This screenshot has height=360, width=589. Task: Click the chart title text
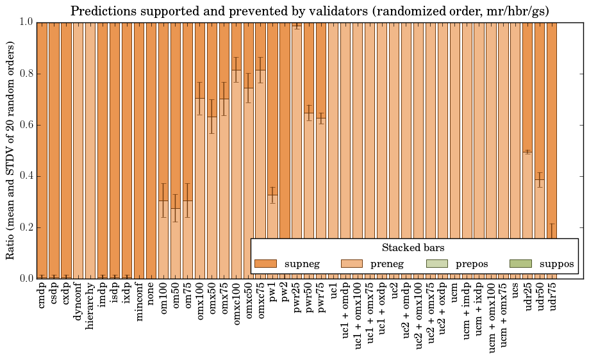pos(310,11)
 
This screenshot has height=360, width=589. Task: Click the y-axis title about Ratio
pos(11,150)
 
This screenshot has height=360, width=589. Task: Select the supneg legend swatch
pos(265,263)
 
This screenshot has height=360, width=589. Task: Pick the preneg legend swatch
pos(351,263)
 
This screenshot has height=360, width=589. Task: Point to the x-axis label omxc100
pos(236,302)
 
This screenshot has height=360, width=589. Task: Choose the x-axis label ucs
pos(516,291)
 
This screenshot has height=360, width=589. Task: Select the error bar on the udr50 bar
pos(540,179)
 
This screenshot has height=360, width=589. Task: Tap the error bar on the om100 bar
pos(163,200)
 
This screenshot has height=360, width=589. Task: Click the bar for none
pos(151,151)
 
